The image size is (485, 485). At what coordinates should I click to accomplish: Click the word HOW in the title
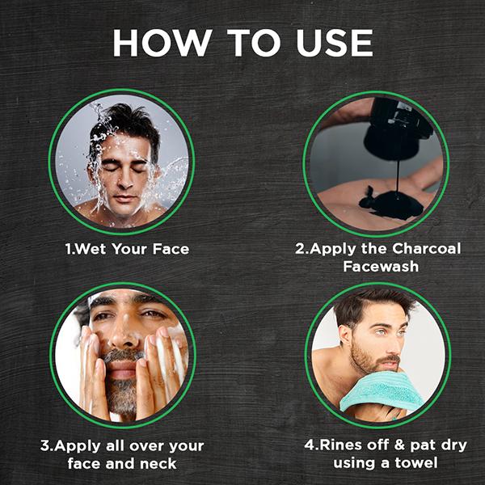pyautogui.click(x=162, y=43)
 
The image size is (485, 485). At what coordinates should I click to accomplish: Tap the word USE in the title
pyautogui.click(x=335, y=43)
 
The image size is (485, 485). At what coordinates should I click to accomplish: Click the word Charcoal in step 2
pyautogui.click(x=427, y=249)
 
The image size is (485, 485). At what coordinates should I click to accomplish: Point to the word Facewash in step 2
pyautogui.click(x=381, y=266)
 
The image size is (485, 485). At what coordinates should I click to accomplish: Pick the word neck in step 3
pyautogui.click(x=158, y=464)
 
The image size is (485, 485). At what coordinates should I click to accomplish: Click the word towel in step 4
pyautogui.click(x=416, y=463)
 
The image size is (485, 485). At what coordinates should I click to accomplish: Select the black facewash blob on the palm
pyautogui.click(x=391, y=205)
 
